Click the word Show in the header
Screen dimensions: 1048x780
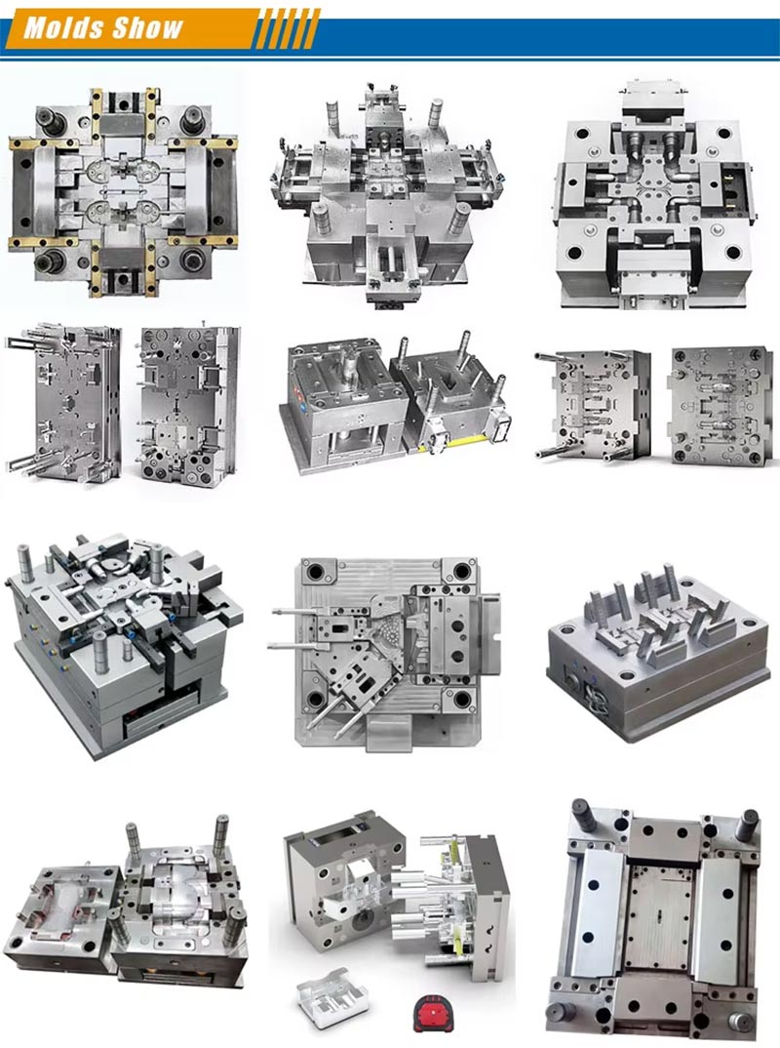147,27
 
